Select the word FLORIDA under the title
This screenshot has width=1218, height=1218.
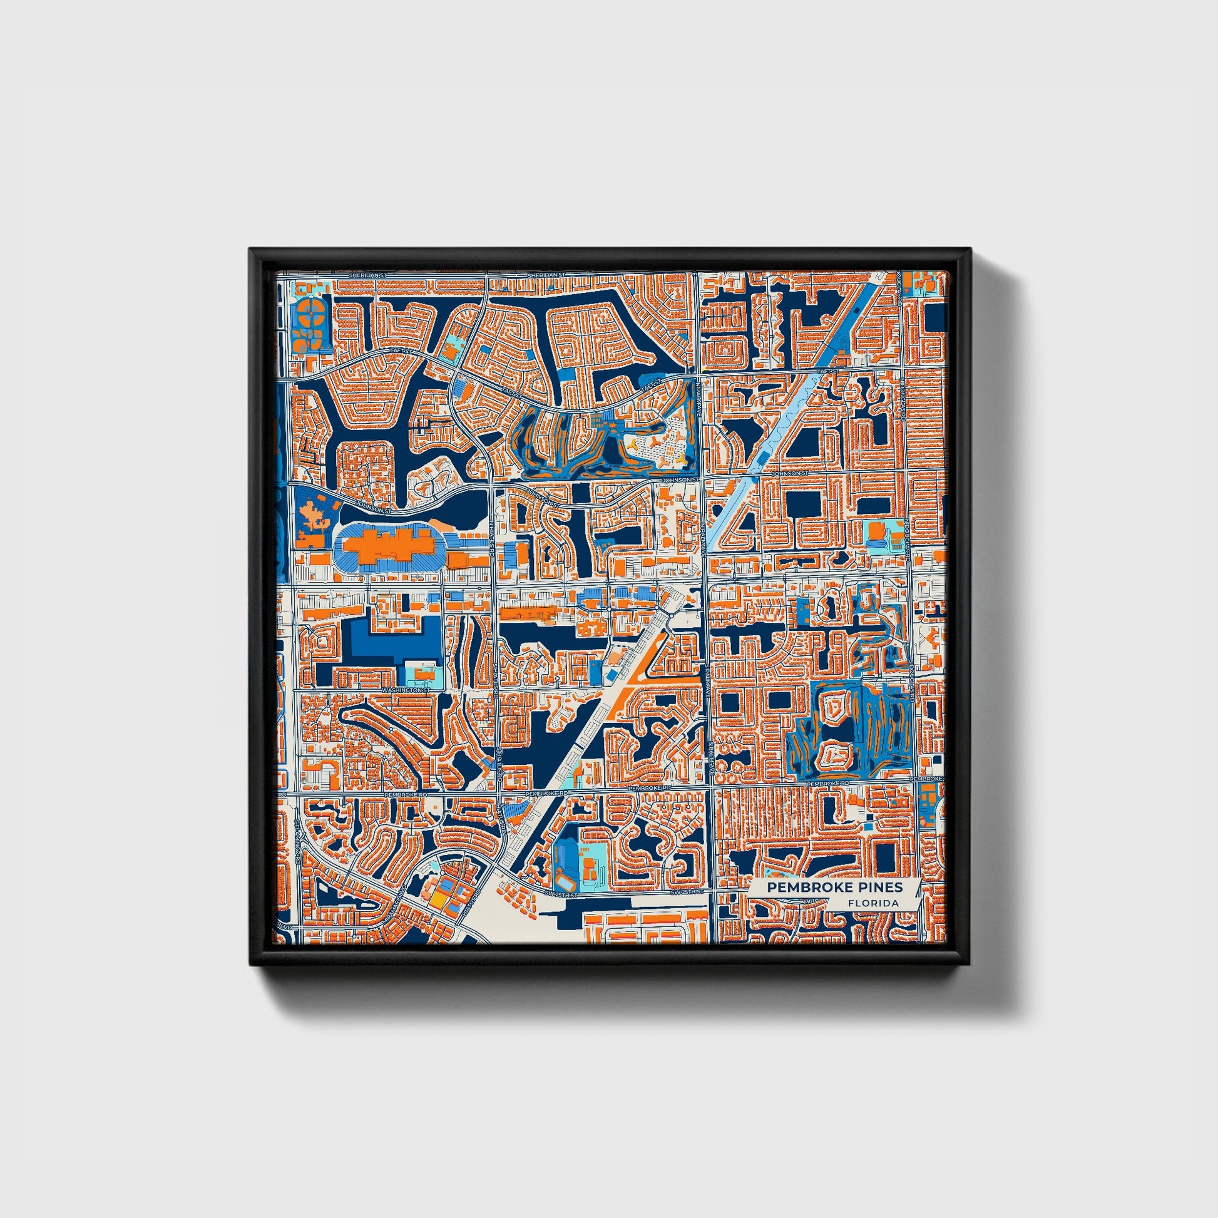coord(873,903)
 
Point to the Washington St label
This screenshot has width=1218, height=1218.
coord(405,690)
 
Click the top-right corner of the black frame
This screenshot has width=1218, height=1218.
coord(968,250)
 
